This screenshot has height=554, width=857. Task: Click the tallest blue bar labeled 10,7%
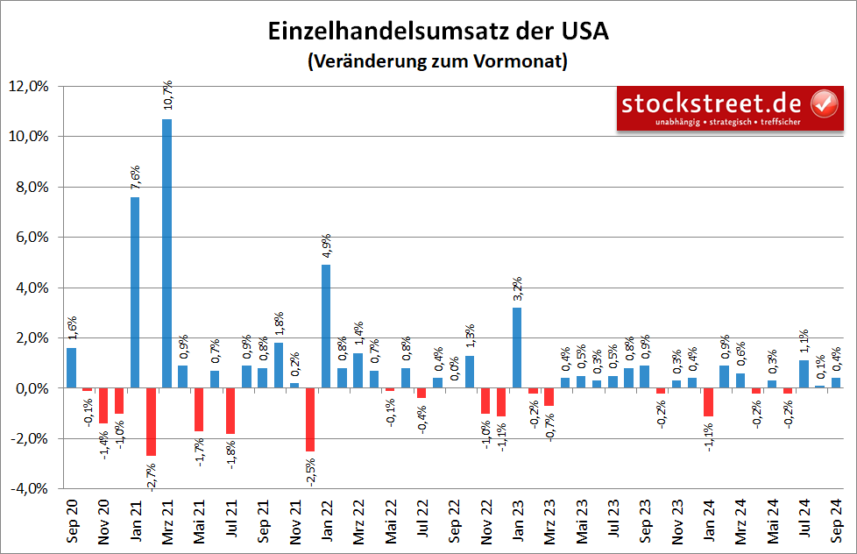point(166,253)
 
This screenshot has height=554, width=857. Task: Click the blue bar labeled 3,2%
point(517,347)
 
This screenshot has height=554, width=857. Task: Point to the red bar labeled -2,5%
point(310,419)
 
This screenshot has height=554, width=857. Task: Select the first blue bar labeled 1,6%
point(71,367)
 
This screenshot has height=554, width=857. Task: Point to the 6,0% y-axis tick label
point(32,238)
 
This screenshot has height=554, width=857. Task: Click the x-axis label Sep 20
point(72,522)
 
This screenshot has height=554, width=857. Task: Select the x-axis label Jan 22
point(327,522)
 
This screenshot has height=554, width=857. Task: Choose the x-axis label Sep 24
point(836,522)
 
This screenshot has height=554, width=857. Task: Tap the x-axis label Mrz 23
point(549,522)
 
